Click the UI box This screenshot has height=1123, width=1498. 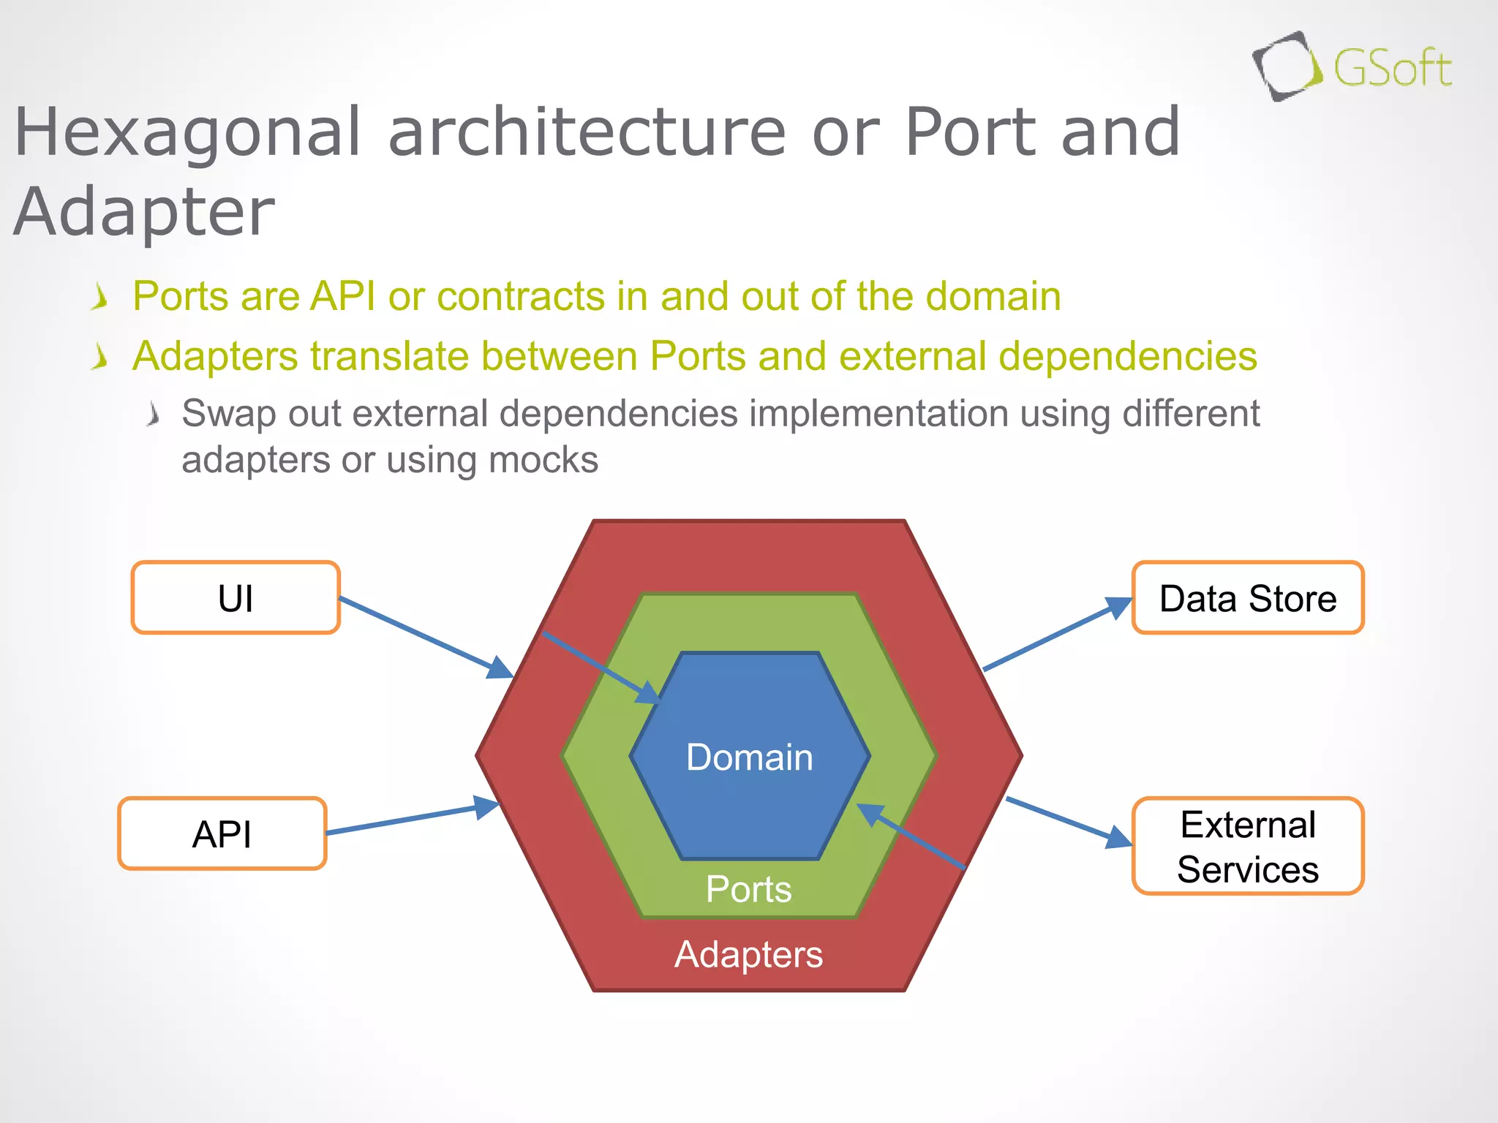pyautogui.click(x=236, y=598)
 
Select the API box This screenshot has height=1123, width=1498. pyautogui.click(x=222, y=833)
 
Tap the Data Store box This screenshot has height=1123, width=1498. pyautogui.click(x=1248, y=598)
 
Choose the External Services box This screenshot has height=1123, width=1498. pyautogui.click(x=1248, y=847)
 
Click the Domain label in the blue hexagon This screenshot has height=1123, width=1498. pyautogui.click(x=749, y=757)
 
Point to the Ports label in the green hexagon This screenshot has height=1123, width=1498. pyautogui.click(x=748, y=890)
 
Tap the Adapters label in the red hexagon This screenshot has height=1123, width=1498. pyautogui.click(x=748, y=954)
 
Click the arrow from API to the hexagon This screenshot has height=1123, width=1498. pyautogui.click(x=410, y=819)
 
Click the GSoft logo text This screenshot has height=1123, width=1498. pyautogui.click(x=1392, y=69)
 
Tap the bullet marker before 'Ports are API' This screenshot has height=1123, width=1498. pyautogui.click(x=100, y=298)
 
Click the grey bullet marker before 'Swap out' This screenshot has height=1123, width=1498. pyautogui.click(x=152, y=415)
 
